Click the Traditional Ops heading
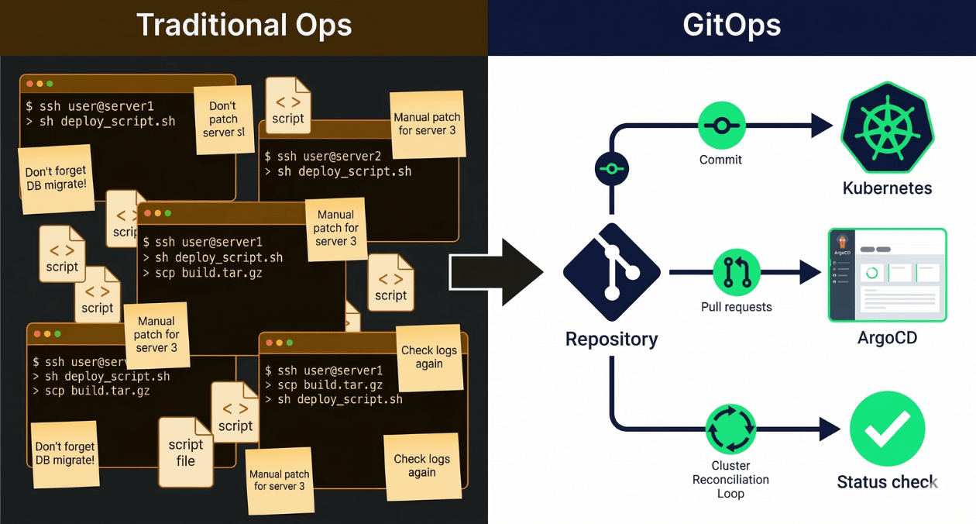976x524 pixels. point(244,26)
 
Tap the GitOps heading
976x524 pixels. point(731,26)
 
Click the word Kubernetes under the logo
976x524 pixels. point(887,188)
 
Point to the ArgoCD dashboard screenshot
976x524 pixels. point(887,274)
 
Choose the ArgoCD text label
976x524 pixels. point(887,338)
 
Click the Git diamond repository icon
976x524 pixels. point(612,272)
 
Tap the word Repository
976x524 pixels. point(611,339)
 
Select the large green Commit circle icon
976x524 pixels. point(721,126)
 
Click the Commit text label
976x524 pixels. point(720,160)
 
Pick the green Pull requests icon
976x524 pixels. point(736,272)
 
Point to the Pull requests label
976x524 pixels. point(736,307)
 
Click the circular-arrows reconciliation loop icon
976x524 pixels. point(730,428)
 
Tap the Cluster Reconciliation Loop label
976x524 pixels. point(730,479)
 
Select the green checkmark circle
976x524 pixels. point(887,428)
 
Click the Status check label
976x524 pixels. point(887,482)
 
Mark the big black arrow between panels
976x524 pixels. point(496,272)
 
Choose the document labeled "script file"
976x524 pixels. point(186,452)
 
